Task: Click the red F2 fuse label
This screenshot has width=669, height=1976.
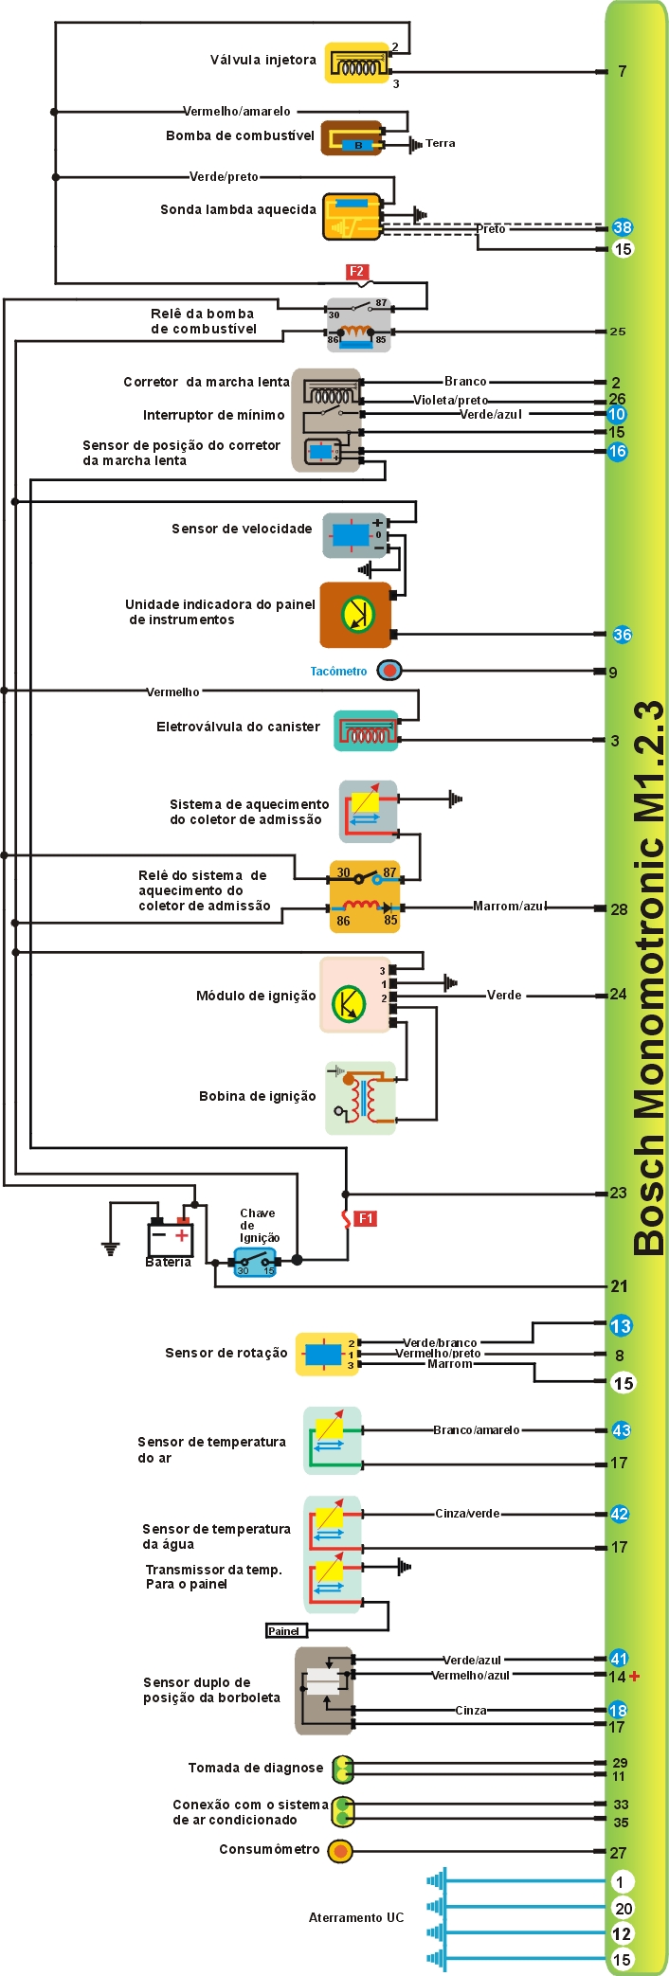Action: point(356,272)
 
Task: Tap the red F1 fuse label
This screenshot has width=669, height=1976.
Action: point(366,1218)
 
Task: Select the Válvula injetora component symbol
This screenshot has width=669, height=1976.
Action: point(357,63)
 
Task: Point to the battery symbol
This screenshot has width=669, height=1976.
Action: point(171,1238)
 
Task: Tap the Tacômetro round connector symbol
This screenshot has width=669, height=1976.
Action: point(389,671)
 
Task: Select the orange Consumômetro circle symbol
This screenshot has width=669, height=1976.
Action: point(340,1850)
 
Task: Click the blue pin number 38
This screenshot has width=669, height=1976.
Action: point(623,227)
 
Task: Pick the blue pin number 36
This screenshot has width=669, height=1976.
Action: point(622,635)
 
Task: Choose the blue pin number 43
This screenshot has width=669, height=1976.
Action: point(621,1430)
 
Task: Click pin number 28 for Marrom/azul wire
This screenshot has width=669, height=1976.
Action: point(619,909)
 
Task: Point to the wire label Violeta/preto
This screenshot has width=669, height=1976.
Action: point(450,400)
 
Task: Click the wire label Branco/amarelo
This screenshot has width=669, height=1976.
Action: point(476,1430)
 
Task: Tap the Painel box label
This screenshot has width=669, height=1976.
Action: point(284,1630)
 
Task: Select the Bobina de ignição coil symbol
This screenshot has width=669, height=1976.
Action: point(361,1098)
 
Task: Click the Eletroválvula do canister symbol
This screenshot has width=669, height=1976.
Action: point(366,730)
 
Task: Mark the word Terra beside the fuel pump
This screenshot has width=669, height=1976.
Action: point(440,143)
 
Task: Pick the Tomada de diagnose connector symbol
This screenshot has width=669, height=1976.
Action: point(343,1768)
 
